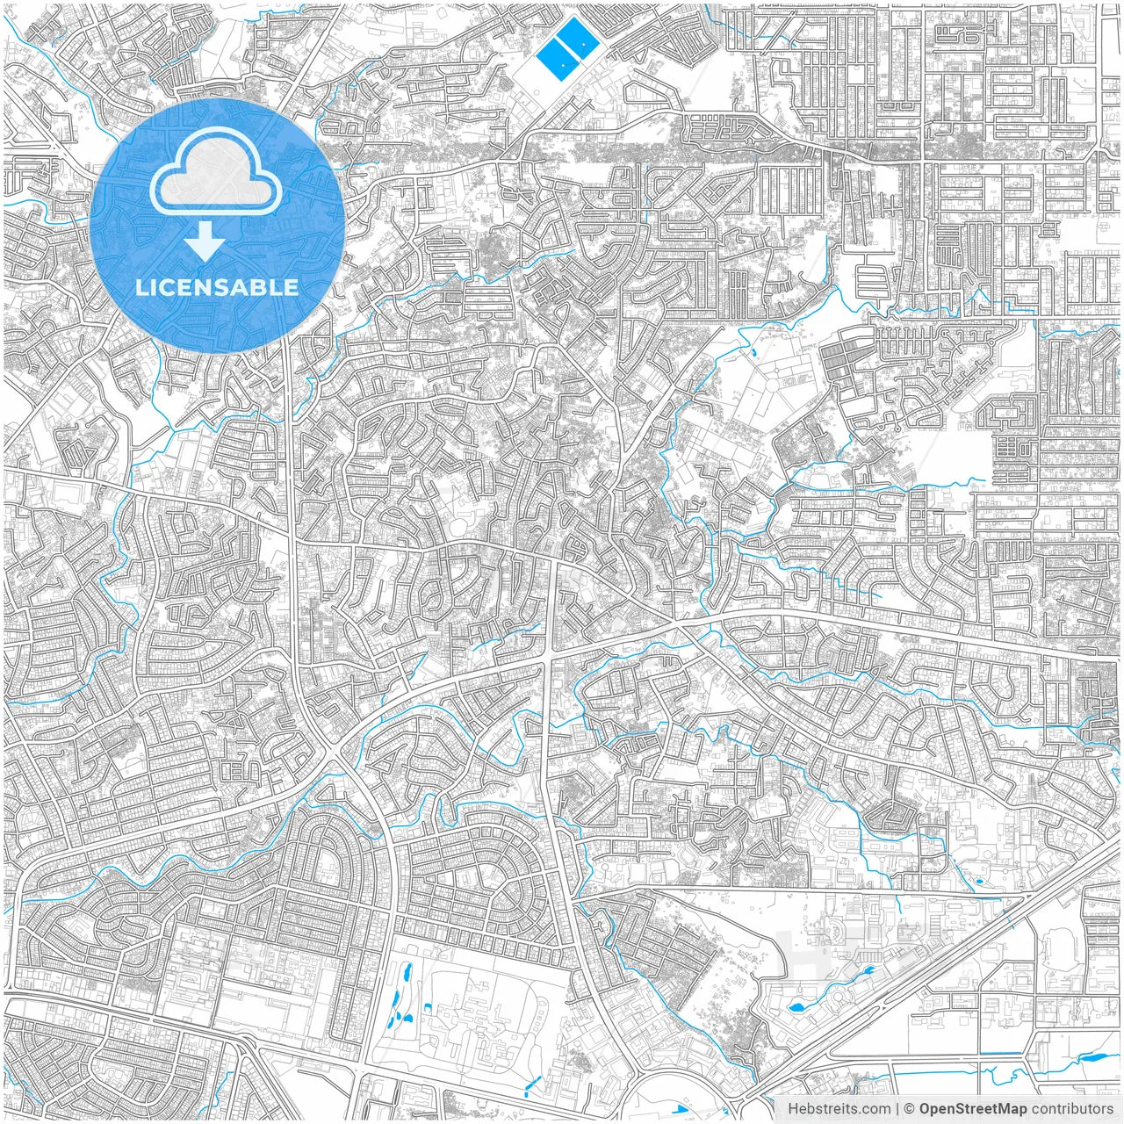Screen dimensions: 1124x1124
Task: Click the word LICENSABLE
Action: coord(216,287)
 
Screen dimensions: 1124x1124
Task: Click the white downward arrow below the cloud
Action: coord(205,241)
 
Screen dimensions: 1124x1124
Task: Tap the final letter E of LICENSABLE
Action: coord(292,287)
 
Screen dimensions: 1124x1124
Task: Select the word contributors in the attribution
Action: coord(1072,1109)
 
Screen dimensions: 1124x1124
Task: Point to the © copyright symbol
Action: coord(910,1109)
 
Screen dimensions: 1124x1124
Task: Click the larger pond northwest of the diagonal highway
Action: coord(800,1007)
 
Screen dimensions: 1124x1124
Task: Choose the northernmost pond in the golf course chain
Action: coord(407,973)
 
